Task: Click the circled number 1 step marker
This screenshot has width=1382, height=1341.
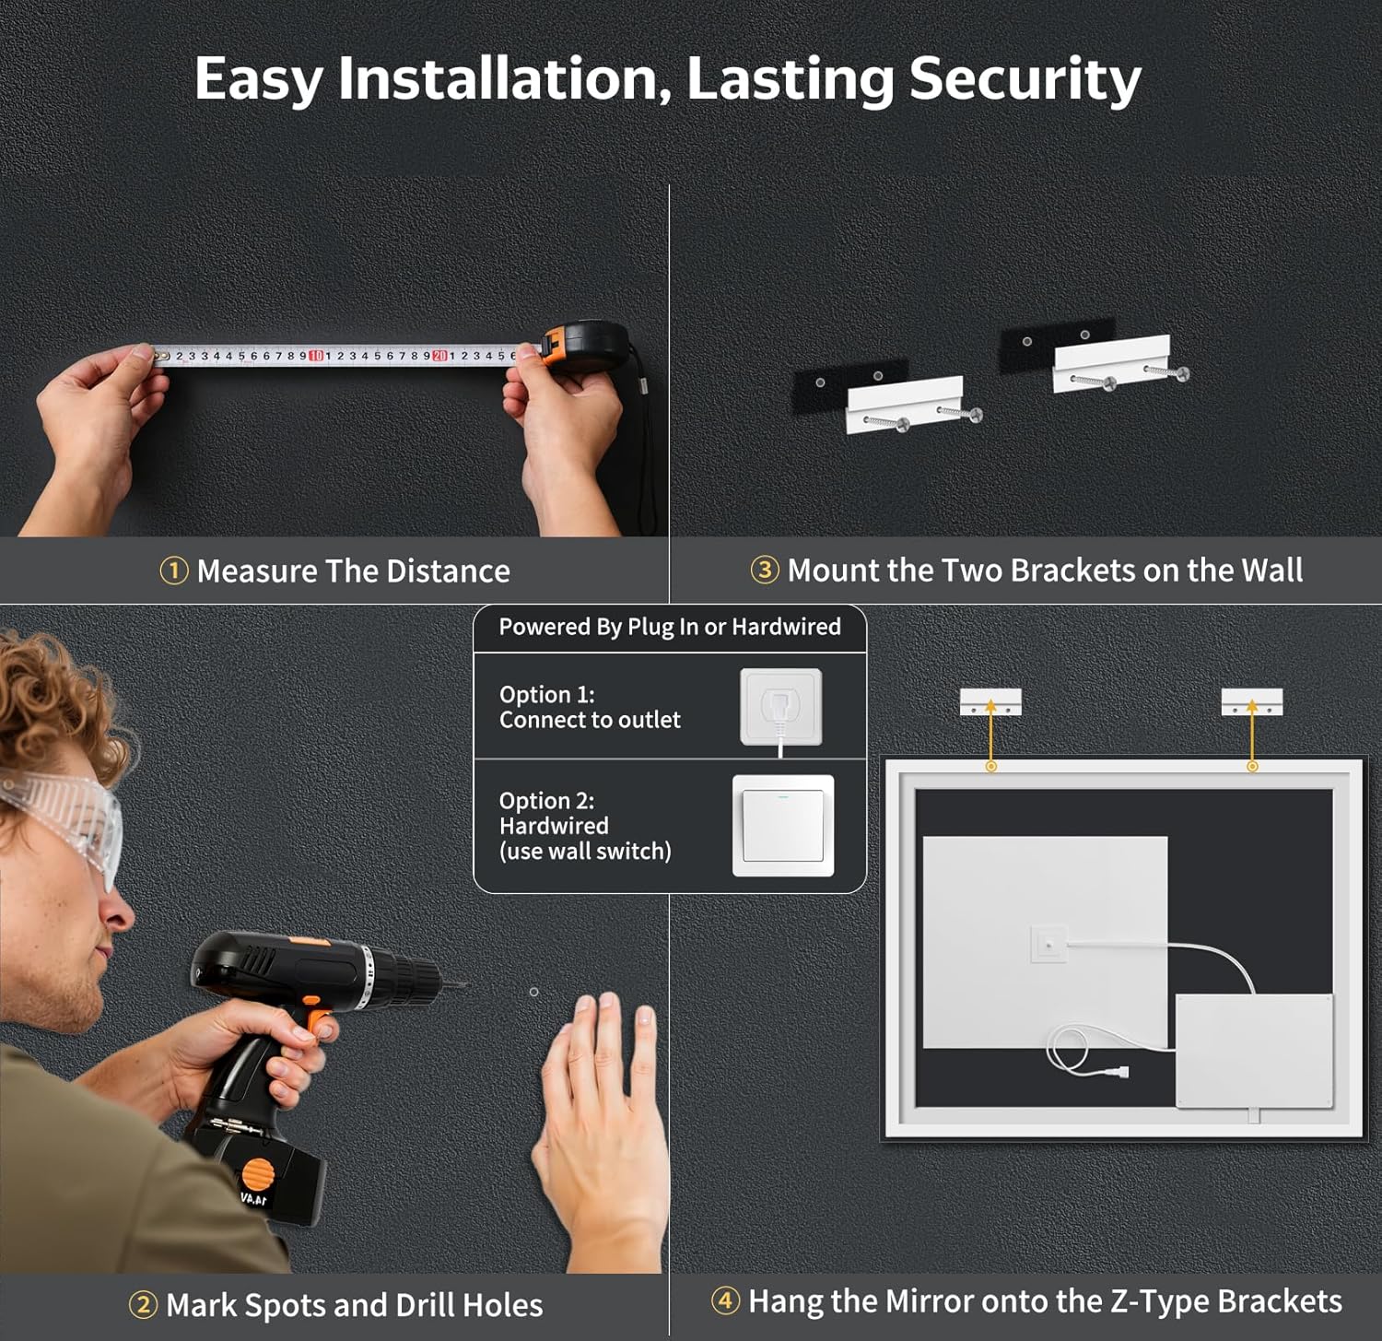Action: pos(174,571)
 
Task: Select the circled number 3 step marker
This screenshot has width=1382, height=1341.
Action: pos(764,571)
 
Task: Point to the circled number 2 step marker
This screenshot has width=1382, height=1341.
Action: pos(143,1305)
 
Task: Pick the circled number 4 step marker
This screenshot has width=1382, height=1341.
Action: pos(725,1300)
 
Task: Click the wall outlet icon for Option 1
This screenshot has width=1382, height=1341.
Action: pos(781,707)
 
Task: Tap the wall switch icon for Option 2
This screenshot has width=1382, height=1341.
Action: pos(783,826)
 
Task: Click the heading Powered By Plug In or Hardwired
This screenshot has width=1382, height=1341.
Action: pos(670,627)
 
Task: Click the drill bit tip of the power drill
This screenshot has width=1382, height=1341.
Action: pos(465,985)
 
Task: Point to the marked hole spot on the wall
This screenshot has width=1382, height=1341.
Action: pos(534,993)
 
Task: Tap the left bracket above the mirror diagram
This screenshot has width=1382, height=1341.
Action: pos(990,702)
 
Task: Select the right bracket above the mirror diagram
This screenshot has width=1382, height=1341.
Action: pos(1252,702)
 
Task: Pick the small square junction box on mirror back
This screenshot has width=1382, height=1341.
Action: pos(1048,945)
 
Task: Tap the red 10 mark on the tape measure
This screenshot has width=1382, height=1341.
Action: pos(316,356)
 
